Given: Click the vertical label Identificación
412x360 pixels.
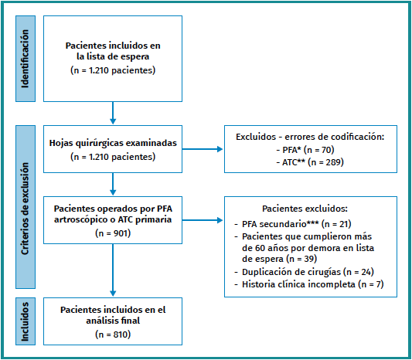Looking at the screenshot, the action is (x=26, y=59).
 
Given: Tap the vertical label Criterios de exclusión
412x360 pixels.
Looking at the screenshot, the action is (x=26, y=209).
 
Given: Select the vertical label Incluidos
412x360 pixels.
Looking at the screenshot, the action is (x=26, y=321).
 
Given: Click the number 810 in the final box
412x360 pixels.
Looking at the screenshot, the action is (x=121, y=335).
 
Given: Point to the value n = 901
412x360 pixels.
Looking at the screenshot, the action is (x=113, y=233).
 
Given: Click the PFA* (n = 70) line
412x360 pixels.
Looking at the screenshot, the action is (x=305, y=150).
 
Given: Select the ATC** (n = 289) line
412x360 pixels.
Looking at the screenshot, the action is (x=310, y=162).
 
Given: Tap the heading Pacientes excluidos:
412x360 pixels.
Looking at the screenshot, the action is (x=305, y=209).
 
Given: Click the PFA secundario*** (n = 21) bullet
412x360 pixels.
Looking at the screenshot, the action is (x=293, y=224).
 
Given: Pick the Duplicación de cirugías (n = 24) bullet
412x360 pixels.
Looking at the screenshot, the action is (x=305, y=272).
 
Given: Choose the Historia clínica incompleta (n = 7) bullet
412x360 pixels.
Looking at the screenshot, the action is (x=309, y=284).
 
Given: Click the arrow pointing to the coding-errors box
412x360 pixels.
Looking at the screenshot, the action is (x=203, y=149).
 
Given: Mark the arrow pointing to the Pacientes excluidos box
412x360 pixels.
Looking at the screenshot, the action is (x=203, y=220).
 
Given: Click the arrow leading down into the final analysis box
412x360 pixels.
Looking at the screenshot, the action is (x=113, y=270).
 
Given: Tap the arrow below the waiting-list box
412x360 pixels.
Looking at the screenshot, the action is (x=113, y=113).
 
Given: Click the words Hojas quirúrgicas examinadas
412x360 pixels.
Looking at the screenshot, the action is (x=113, y=143).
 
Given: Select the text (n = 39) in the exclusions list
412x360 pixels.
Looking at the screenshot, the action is (x=301, y=259).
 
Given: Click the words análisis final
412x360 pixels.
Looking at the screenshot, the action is (x=113, y=321).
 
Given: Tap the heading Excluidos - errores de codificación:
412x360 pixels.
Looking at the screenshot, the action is (x=310, y=137).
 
